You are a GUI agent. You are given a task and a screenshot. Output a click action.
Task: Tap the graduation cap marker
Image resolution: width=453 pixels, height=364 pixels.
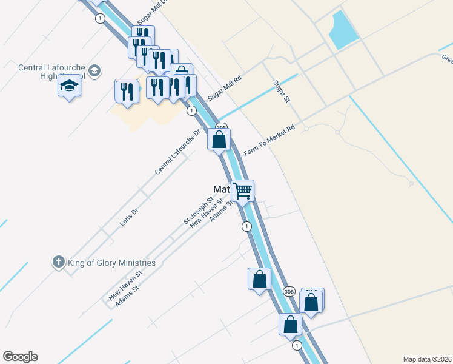coord(70,88)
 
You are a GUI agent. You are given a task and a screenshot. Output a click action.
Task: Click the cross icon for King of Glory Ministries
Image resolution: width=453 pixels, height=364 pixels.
coord(58,262)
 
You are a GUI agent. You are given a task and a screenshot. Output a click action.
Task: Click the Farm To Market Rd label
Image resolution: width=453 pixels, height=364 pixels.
coord(268,141)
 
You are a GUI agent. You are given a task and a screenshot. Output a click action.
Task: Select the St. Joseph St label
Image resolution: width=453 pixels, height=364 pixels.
coord(199,209)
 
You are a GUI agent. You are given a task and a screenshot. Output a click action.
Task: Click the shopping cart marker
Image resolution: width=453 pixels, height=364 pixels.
coord(243,190)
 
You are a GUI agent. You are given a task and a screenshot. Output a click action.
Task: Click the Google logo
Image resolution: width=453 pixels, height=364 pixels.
coord(20,357)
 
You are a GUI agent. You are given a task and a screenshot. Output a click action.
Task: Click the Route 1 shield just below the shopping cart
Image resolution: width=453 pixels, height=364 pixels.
coord(246,226)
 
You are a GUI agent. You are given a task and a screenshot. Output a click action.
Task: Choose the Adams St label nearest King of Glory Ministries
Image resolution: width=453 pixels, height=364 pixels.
coord(127,295)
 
